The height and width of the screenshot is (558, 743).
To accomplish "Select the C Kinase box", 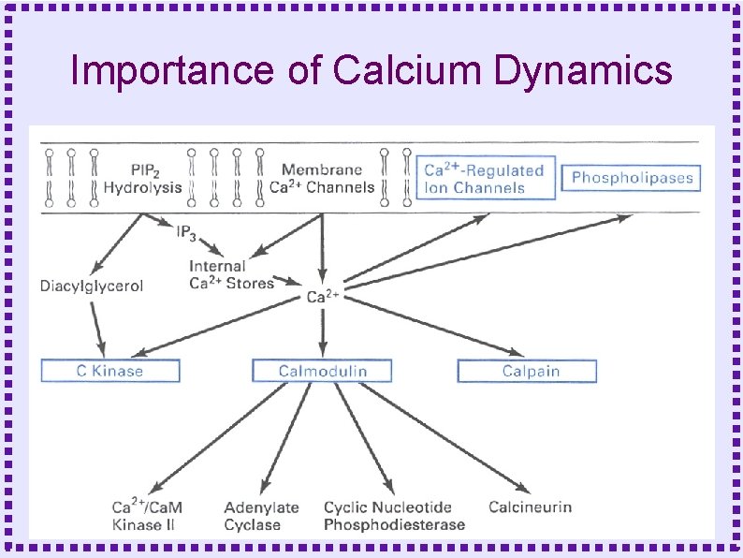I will pyautogui.click(x=109, y=371).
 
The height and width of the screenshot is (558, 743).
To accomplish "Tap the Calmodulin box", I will pyautogui.click(x=322, y=371).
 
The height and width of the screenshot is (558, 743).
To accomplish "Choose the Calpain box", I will pyautogui.click(x=527, y=371).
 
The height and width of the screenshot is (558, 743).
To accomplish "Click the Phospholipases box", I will pyautogui.click(x=632, y=178).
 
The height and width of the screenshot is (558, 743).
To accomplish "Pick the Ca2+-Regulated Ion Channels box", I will pyautogui.click(x=485, y=178).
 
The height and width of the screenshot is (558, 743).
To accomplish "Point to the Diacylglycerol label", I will pyautogui.click(x=92, y=286).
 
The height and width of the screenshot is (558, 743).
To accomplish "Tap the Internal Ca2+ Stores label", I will pyautogui.click(x=231, y=274).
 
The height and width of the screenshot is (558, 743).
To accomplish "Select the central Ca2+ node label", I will pyautogui.click(x=323, y=297).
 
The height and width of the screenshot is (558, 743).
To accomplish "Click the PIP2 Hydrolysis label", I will pyautogui.click(x=142, y=179).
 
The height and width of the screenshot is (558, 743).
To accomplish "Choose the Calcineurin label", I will pyautogui.click(x=530, y=507).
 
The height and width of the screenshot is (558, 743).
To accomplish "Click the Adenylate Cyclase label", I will pyautogui.click(x=261, y=516).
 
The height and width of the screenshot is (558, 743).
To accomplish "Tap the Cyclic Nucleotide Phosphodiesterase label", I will pyautogui.click(x=394, y=516).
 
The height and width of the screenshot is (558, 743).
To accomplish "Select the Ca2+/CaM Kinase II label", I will pyautogui.click(x=147, y=516).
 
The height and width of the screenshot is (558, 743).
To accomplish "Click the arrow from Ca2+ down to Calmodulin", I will pyautogui.click(x=323, y=332).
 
